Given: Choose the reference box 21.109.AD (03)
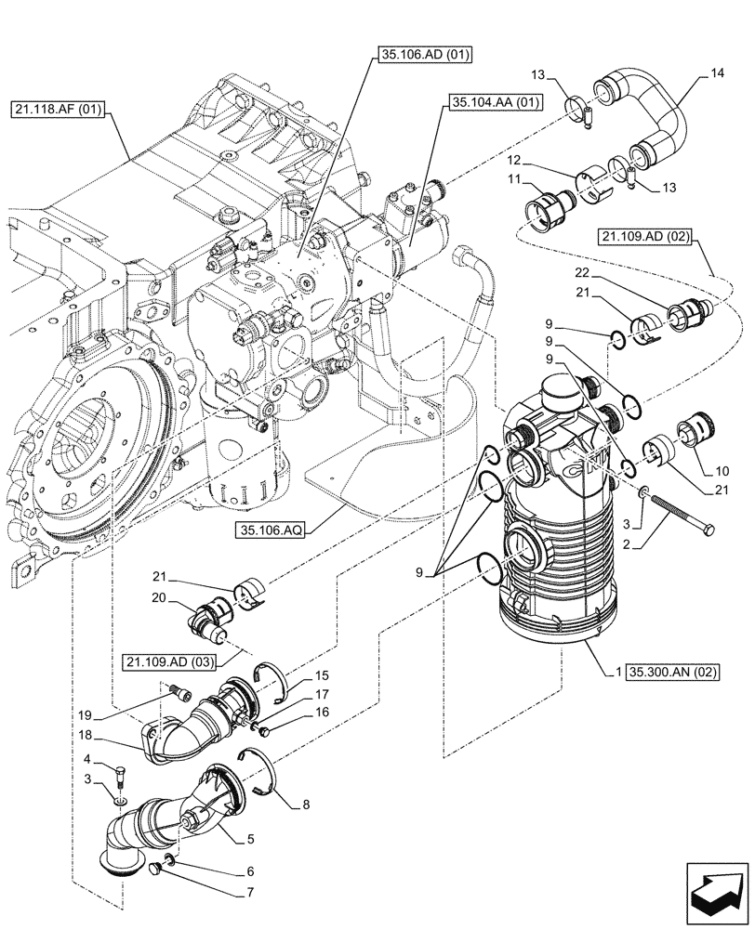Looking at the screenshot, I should point(176,661).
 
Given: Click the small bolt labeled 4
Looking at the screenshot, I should point(120,771).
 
